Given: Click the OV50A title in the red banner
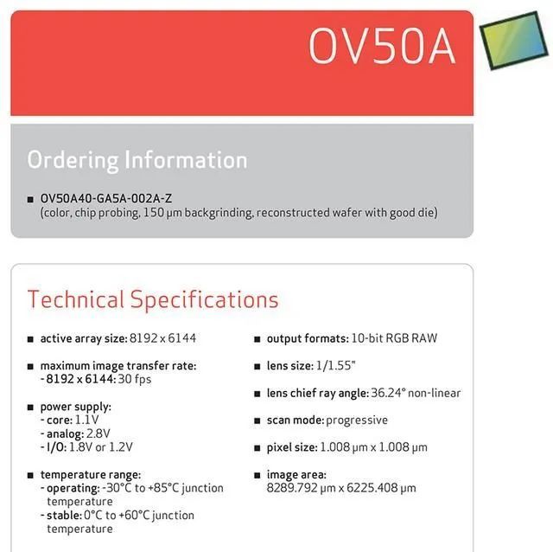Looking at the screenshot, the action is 382,46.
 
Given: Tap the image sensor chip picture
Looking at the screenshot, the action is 514,41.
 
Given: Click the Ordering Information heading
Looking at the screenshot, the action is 137,160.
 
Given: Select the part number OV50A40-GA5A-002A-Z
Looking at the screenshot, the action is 106,198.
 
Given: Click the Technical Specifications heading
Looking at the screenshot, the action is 153,300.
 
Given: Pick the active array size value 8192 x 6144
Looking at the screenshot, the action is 163,338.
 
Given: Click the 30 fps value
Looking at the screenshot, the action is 135,379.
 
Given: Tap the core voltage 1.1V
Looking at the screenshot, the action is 86,420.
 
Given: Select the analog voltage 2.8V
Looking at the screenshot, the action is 98,433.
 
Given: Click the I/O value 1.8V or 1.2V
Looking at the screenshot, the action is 101,447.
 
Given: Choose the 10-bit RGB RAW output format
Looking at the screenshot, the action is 394,338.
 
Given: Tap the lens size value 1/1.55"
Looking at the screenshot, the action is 336,365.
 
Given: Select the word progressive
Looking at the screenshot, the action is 357,420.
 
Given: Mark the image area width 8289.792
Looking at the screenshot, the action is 292,488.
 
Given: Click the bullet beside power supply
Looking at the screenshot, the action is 30,408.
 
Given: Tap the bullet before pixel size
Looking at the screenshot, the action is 257,448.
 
